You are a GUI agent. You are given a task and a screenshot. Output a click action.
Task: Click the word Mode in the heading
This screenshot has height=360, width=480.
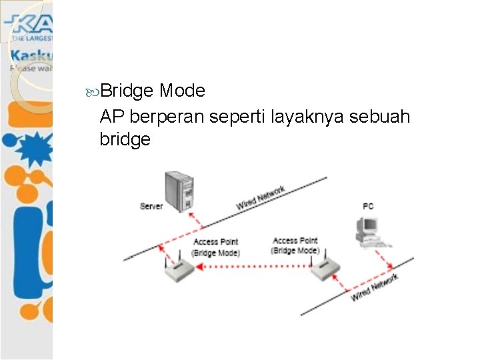[182, 90]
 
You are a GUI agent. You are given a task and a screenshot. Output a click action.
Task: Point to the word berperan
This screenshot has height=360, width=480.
[167, 117]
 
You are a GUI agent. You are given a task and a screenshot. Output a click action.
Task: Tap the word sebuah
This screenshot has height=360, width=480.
[381, 117]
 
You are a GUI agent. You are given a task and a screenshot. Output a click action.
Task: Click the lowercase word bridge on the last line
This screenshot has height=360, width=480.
[125, 140]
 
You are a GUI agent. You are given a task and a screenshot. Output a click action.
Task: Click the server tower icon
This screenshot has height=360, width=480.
[179, 191]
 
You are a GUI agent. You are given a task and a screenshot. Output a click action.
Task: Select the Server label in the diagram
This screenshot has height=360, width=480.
[151, 207]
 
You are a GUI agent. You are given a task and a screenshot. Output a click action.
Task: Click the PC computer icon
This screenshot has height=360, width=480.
[368, 230]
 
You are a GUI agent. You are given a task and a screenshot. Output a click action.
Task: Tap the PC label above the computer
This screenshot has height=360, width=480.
[368, 207]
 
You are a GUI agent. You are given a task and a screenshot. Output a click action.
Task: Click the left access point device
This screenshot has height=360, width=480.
[178, 269]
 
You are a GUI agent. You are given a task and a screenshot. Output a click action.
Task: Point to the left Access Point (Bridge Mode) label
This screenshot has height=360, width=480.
[215, 247]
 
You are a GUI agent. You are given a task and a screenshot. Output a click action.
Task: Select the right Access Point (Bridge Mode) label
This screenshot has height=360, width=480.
[295, 245]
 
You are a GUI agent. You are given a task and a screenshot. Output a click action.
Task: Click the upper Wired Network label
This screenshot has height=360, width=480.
[261, 197]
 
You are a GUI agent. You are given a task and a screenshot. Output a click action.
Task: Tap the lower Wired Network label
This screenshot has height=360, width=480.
[375, 287]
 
